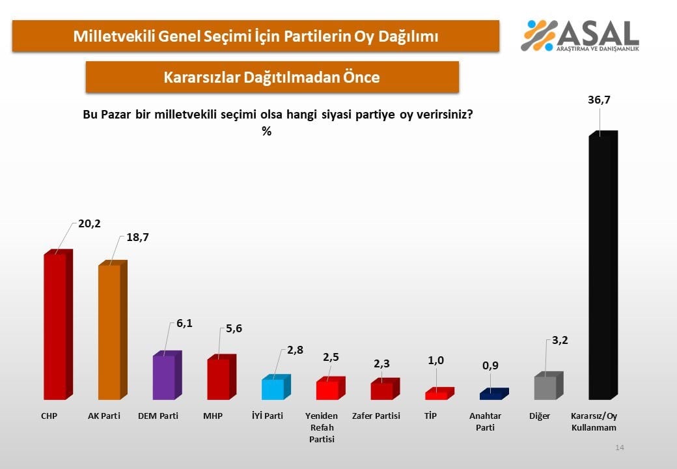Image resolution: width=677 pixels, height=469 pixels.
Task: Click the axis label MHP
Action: tap(213, 416)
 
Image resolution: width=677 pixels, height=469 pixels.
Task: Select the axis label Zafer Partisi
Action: tap(376, 416)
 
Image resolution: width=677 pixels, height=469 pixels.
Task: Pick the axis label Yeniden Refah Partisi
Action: tap(321, 427)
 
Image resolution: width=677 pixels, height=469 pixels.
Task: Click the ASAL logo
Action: tap(580, 35)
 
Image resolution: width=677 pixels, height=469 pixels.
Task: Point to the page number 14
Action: tap(620, 448)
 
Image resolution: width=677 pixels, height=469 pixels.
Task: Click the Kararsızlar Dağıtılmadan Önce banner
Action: tap(272, 77)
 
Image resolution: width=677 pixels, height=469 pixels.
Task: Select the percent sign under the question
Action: tap(266, 131)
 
